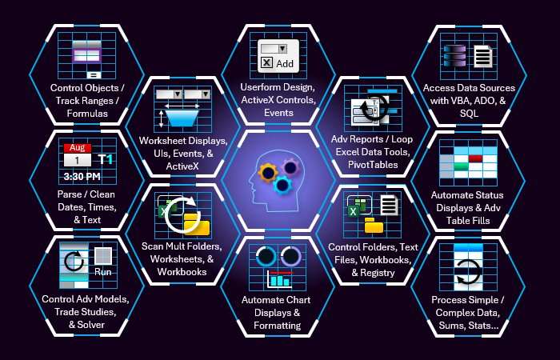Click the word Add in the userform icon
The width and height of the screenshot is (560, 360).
click(x=285, y=63)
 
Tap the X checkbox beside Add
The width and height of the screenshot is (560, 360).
click(x=266, y=63)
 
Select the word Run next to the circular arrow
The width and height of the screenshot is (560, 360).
click(x=103, y=272)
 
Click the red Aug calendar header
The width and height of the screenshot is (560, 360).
click(x=77, y=148)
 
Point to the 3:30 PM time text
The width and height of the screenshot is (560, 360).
click(x=82, y=176)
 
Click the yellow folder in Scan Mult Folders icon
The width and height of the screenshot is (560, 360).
click(x=192, y=222)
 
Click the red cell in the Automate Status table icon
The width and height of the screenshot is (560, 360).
click(x=475, y=158)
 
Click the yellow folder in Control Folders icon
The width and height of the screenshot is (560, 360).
click(x=374, y=225)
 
